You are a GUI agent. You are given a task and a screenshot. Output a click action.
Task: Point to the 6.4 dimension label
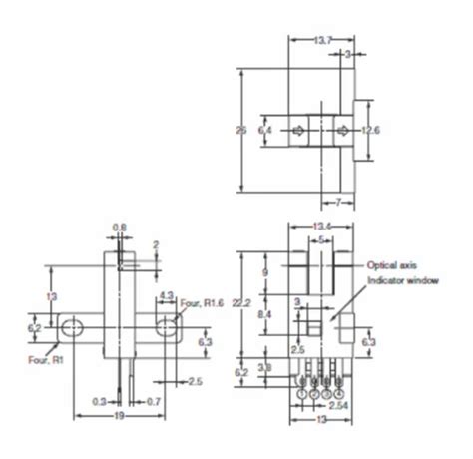[x=263, y=131]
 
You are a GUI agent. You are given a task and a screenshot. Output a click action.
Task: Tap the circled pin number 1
[x=303, y=394]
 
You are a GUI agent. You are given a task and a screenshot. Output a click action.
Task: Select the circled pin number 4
[x=340, y=394]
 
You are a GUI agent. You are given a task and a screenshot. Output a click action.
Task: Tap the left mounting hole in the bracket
[x=71, y=328]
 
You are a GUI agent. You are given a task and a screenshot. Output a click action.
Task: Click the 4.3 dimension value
[x=167, y=294]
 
